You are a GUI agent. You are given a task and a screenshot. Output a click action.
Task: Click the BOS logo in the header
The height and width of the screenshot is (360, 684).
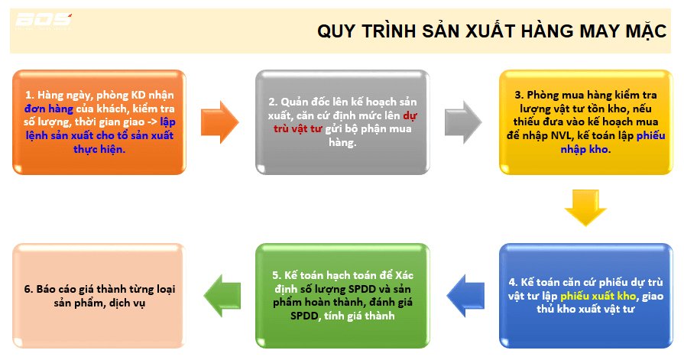click(x=44, y=21)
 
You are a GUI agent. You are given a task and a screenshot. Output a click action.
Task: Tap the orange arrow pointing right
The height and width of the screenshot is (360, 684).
click(x=219, y=122)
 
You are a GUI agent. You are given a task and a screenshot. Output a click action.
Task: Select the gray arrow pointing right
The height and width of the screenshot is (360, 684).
click(x=463, y=122)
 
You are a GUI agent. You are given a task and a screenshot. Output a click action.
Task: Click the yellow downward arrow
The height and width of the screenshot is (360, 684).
click(x=585, y=207)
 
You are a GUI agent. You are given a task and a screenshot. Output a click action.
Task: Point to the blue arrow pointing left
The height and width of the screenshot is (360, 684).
click(x=465, y=296)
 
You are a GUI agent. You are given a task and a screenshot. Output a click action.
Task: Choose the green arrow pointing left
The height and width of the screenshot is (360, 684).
click(x=222, y=296)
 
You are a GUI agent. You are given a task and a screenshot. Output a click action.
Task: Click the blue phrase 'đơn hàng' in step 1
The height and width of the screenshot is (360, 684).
click(x=48, y=109)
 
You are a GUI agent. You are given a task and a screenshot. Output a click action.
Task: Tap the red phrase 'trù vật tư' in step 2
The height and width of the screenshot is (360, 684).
click(x=297, y=128)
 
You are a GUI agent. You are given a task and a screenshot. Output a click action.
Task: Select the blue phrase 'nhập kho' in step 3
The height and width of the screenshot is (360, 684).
click(x=584, y=149)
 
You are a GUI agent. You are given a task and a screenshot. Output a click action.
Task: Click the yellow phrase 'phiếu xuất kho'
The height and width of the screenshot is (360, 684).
click(x=598, y=296)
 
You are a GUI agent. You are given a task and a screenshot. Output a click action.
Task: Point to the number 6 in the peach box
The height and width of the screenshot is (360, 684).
click(x=28, y=289)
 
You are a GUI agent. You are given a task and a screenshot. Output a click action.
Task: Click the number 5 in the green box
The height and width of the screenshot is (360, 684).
click(x=276, y=275)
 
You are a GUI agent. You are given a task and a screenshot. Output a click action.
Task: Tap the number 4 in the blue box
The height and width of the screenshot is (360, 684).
click(x=513, y=282)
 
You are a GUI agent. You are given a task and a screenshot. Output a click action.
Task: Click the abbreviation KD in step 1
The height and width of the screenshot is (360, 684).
click(x=140, y=95)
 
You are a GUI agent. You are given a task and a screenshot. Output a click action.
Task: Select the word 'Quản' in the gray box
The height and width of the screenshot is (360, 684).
click(x=294, y=102)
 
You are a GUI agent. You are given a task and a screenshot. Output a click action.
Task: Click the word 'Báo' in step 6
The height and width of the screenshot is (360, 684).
click(x=45, y=289)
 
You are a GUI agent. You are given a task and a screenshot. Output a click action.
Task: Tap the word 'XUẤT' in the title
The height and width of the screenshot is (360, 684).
click(x=488, y=31)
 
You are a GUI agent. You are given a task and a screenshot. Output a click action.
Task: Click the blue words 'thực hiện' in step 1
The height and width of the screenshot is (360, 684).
click(x=99, y=149)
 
